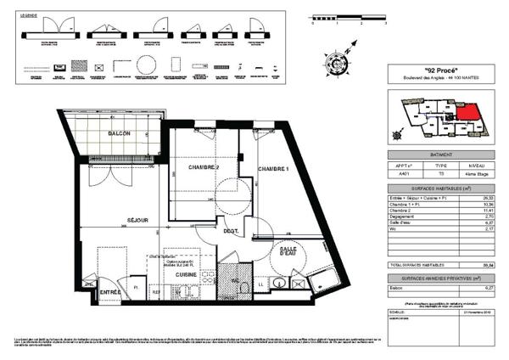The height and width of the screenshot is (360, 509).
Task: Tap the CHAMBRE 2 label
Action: pyautogui.click(x=204, y=167)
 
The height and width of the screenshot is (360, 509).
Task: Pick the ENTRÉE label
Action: pyautogui.click(x=109, y=292)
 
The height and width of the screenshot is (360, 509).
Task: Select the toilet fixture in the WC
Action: pyautogui.click(x=244, y=287)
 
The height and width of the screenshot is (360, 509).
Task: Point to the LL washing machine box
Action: pyautogui.click(x=263, y=283)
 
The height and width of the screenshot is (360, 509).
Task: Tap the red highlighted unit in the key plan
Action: pyautogui.click(x=467, y=111)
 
